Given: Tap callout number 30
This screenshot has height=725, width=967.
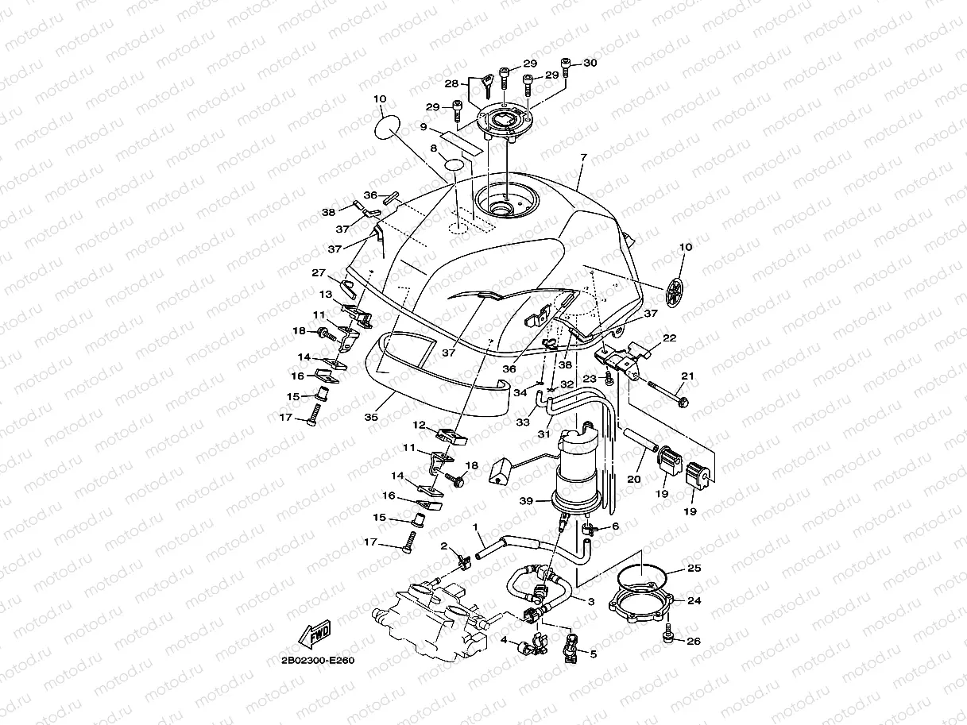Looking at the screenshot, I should (x=590, y=63).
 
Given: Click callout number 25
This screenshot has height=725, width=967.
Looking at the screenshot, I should (x=694, y=569).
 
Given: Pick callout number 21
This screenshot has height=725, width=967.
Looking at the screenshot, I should (x=687, y=376).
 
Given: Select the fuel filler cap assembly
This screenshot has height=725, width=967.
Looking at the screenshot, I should (x=505, y=121).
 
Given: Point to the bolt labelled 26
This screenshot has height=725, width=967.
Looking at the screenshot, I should (x=667, y=634).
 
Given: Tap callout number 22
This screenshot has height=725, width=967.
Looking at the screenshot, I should (x=670, y=337).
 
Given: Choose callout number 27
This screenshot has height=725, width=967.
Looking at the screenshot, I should (x=319, y=272).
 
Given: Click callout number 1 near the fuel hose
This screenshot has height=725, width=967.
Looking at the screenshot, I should (x=474, y=527).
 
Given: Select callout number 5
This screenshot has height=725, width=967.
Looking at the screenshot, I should (x=593, y=654).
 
